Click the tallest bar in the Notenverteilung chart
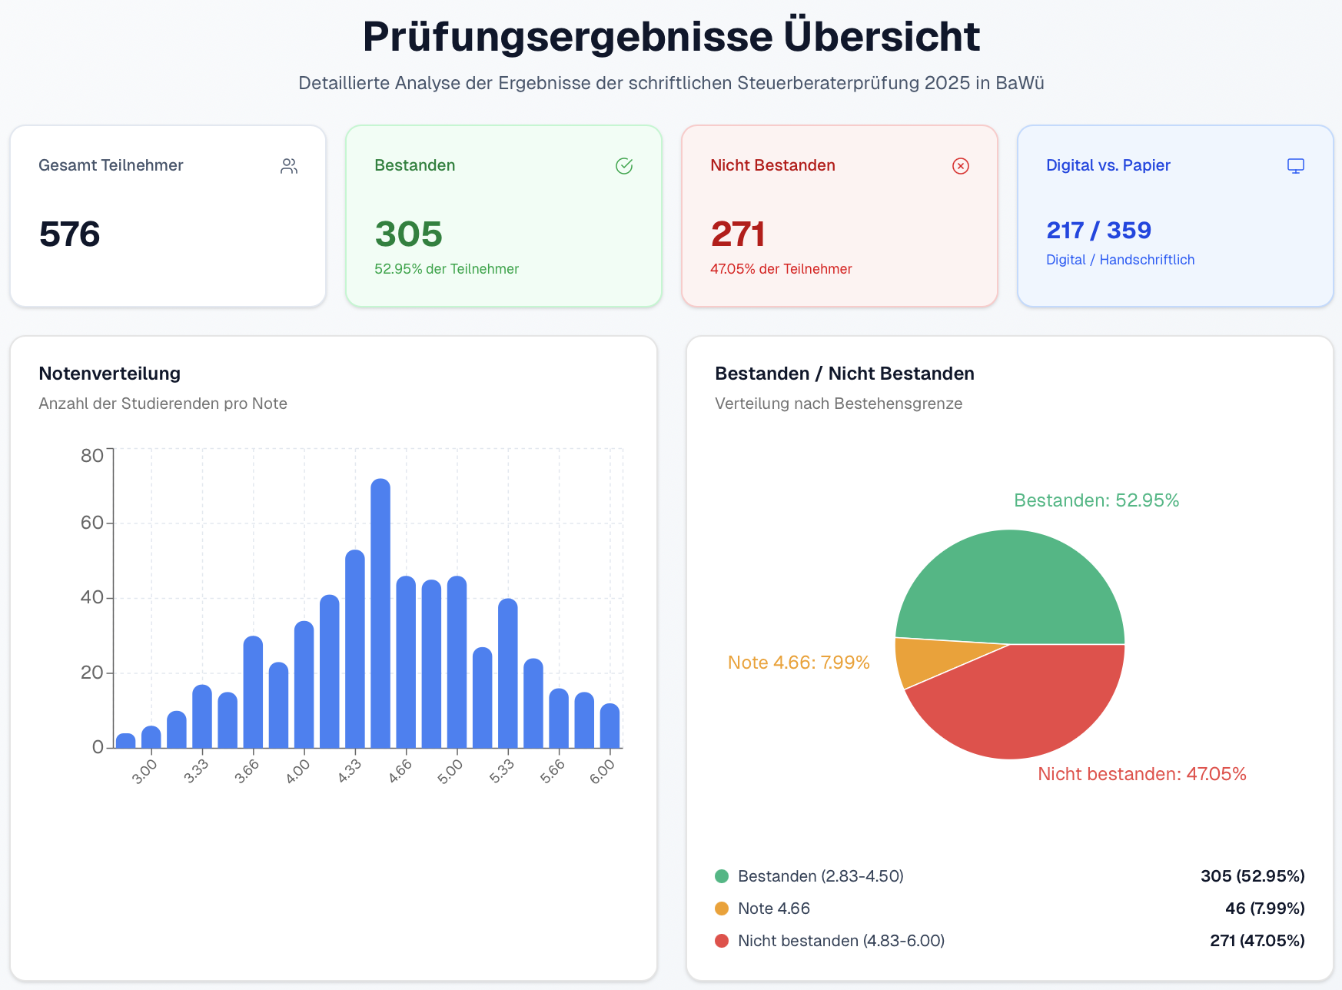click(x=380, y=615)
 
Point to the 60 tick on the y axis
click(x=91, y=523)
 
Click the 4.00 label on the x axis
click(x=298, y=771)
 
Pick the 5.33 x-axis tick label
click(x=502, y=771)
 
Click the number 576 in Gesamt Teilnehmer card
click(x=69, y=234)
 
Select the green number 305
click(x=408, y=234)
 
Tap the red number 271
click(x=737, y=234)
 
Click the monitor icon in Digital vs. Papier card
click(x=1296, y=166)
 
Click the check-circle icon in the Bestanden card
click(x=624, y=166)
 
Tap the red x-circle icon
click(x=961, y=166)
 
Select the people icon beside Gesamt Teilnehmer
click(x=289, y=166)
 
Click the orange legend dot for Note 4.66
click(x=722, y=909)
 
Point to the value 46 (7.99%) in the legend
click(x=1264, y=909)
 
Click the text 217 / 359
click(x=1098, y=230)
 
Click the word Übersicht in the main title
click(x=882, y=36)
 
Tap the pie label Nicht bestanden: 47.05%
click(x=1141, y=774)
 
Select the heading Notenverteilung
click(x=110, y=374)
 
